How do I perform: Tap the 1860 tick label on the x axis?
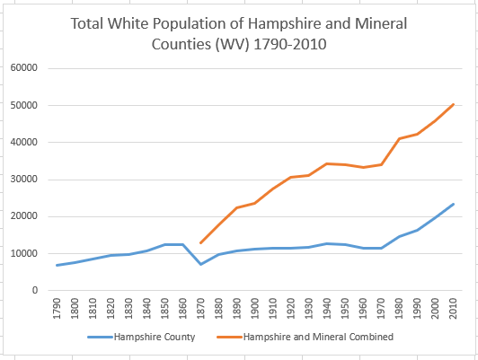pos(184,310)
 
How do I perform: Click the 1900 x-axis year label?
pos(256,310)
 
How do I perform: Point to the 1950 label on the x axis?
pos(346,310)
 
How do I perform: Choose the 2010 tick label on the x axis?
pos(454,310)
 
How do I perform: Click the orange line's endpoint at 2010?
pos(454,104)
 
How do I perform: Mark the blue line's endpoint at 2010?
pos(454,204)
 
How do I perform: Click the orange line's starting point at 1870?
pos(201,243)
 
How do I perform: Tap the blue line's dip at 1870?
pos(201,264)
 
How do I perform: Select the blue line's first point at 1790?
pos(58,265)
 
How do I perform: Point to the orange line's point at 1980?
pos(400,138)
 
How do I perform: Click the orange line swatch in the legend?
pos(228,337)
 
